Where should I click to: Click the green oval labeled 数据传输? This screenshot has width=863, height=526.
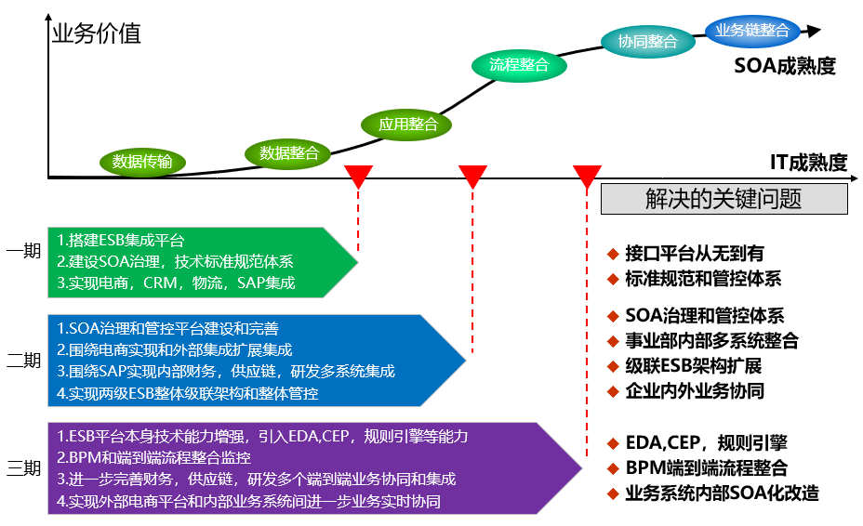coord(142,162)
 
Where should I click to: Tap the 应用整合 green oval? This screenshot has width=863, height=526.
coord(407,124)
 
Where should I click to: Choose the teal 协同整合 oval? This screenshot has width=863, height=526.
coord(647,41)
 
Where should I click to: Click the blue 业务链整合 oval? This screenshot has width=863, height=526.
coord(751,30)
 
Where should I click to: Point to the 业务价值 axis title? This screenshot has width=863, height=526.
coord(97,34)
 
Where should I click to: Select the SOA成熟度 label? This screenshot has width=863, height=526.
coord(784,66)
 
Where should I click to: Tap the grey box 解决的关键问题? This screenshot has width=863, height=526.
coord(724,199)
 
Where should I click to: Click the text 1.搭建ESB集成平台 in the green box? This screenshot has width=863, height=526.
coord(121,241)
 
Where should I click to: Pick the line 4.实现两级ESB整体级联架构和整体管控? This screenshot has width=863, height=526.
coord(187,393)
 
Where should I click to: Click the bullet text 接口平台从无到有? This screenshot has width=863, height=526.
coord(695,254)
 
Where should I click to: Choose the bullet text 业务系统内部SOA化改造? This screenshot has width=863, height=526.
coord(722,493)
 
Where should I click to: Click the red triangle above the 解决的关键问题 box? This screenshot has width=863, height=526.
coord(587,176)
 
